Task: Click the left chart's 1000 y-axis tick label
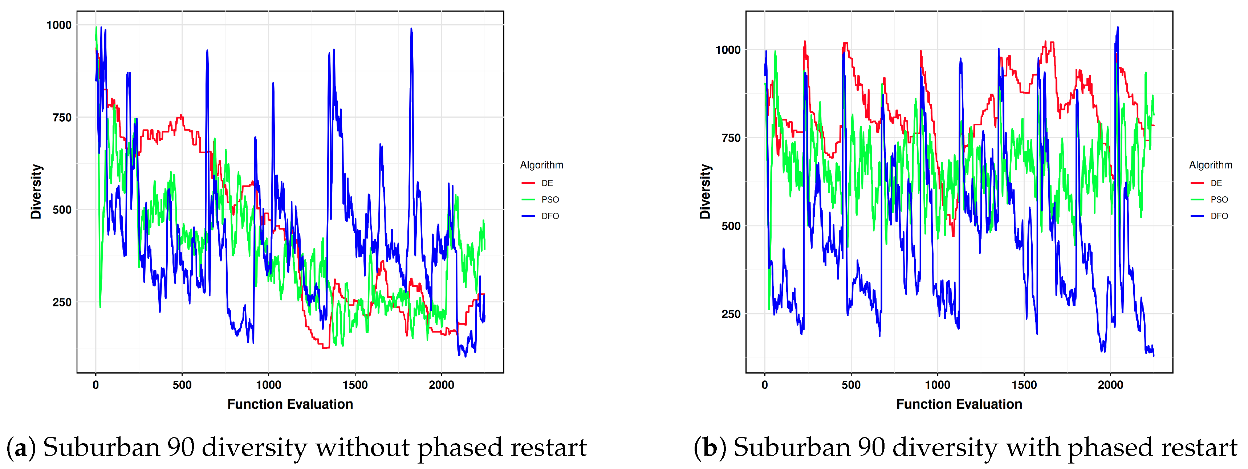58,25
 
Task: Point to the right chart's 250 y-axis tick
731,314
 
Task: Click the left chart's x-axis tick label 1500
355,385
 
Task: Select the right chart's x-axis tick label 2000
1110,385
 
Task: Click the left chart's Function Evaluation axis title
290,404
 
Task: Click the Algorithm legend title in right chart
1210,165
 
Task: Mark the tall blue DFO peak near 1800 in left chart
411,30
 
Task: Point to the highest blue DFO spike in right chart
1118,28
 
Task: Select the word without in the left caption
362,448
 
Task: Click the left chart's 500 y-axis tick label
61,210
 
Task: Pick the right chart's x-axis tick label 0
764,385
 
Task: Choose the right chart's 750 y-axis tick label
731,138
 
